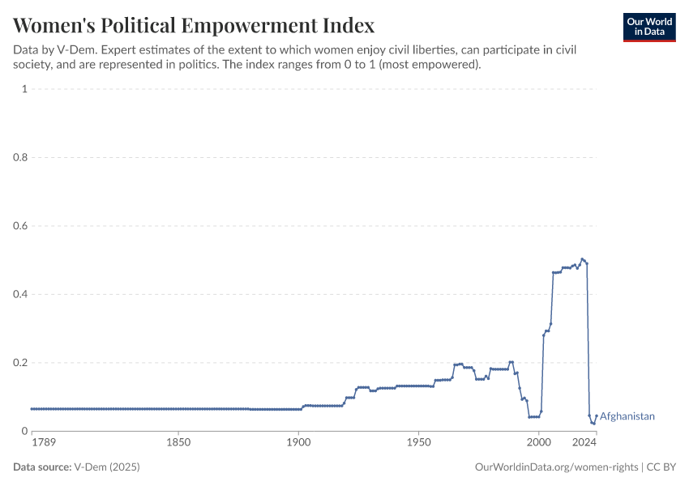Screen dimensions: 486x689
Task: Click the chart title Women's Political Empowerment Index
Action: (x=194, y=24)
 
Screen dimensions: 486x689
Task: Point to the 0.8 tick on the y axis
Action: (x=21, y=157)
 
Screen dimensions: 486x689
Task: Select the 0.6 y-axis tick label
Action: (x=21, y=226)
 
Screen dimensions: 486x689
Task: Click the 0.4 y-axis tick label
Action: (x=21, y=294)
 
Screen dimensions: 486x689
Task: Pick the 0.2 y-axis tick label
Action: (x=21, y=363)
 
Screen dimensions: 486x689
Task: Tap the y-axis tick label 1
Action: (x=25, y=89)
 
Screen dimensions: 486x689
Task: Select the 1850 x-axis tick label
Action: (x=178, y=442)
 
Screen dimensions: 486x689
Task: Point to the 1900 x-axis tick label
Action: (x=298, y=442)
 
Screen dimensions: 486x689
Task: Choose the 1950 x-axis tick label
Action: (x=418, y=442)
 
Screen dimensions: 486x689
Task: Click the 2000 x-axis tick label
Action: (x=538, y=442)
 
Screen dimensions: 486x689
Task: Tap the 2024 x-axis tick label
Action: (x=584, y=442)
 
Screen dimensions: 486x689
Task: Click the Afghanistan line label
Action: (x=627, y=416)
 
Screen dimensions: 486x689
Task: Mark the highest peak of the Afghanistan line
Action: (x=582, y=259)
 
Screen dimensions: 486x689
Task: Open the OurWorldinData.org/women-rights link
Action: (x=555, y=467)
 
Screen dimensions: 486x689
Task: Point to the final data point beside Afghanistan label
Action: (x=596, y=416)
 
